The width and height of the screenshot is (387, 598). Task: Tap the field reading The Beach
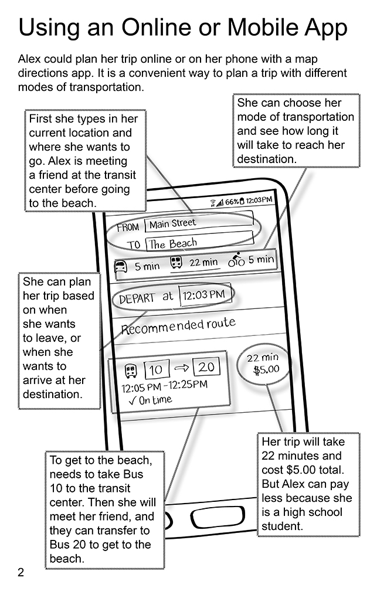pyautogui.click(x=200, y=242)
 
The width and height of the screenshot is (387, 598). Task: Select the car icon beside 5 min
pyautogui.click(x=120, y=266)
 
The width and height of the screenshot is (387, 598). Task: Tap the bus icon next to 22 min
pyautogui.click(x=176, y=262)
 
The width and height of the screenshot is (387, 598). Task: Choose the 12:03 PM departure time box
pyautogui.click(x=205, y=294)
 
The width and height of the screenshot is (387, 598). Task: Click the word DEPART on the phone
pyautogui.click(x=137, y=298)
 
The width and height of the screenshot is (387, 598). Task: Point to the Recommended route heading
pyautogui.click(x=178, y=325)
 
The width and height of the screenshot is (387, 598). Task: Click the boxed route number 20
pyautogui.click(x=206, y=366)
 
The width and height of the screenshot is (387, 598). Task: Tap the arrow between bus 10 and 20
pyautogui.click(x=181, y=368)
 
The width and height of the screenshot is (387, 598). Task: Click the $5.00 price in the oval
pyautogui.click(x=266, y=369)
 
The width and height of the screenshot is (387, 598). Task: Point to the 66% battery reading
pyautogui.click(x=232, y=202)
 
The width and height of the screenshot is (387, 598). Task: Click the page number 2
pyautogui.click(x=21, y=572)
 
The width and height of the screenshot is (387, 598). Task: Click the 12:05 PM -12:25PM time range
pyautogui.click(x=164, y=386)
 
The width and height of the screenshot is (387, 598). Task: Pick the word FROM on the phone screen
pyautogui.click(x=128, y=227)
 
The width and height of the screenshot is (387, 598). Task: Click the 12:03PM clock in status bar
pyautogui.click(x=259, y=200)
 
